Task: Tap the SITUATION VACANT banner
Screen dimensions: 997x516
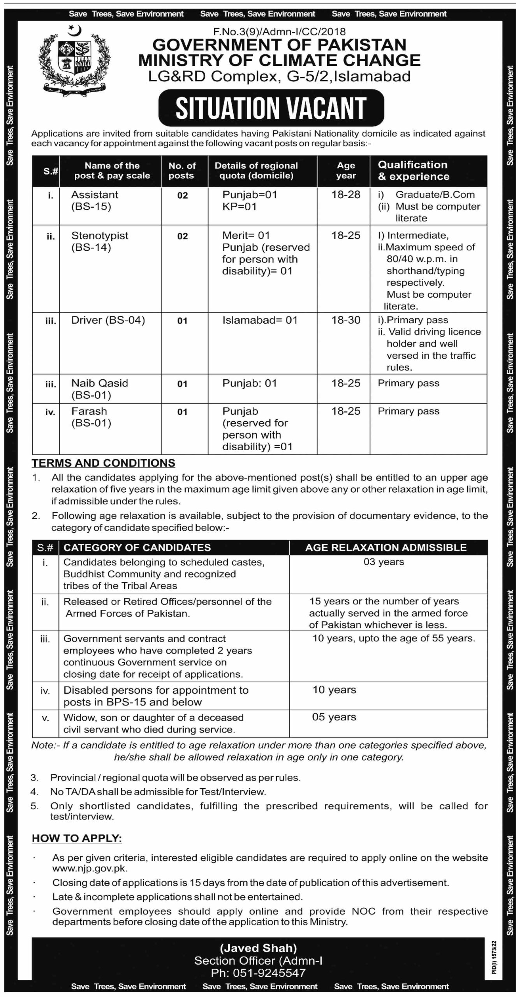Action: (x=271, y=108)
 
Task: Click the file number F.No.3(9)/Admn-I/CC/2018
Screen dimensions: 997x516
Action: (x=279, y=31)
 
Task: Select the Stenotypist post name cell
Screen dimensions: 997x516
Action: (x=100, y=241)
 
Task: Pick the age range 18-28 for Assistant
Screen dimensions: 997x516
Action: (x=346, y=195)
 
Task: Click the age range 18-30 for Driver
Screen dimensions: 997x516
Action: (x=346, y=320)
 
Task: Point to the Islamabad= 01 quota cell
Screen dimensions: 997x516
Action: (x=260, y=320)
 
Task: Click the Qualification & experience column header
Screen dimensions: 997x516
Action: (x=414, y=171)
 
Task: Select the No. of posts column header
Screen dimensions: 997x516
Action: (x=182, y=171)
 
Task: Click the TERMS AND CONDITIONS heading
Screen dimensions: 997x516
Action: (x=104, y=463)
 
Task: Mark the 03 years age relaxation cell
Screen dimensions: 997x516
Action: (x=384, y=562)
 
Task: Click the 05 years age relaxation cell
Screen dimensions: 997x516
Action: (x=334, y=717)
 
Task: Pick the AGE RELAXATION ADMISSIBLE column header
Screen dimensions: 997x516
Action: (x=386, y=547)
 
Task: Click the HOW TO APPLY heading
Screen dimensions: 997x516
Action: (x=77, y=838)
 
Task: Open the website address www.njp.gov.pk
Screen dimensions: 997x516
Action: (x=90, y=868)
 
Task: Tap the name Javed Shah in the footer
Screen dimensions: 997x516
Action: (x=258, y=948)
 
